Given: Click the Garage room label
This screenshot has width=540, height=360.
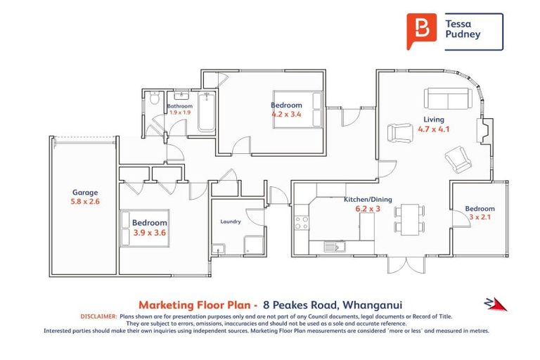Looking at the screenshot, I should (84, 192).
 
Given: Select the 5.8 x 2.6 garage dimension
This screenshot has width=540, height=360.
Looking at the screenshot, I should (84, 202).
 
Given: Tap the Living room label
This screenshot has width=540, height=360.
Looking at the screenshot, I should (433, 119).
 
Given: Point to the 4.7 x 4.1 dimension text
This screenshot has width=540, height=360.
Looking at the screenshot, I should (433, 129).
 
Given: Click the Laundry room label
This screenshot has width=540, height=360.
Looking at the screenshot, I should (231, 221).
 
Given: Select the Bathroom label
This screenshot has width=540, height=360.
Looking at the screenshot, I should (179, 106).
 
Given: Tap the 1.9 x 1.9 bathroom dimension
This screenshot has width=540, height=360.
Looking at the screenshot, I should (180, 112).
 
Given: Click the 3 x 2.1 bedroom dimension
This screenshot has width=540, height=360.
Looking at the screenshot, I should (480, 218).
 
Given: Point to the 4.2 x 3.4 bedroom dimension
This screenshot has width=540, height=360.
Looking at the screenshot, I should (286, 115).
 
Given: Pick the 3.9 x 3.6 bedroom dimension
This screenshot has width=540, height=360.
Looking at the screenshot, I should (149, 233).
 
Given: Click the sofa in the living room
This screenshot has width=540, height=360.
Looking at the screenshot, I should (446, 98).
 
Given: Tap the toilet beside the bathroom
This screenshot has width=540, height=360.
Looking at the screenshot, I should (154, 101).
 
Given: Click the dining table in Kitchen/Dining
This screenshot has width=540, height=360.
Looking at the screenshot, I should (410, 217).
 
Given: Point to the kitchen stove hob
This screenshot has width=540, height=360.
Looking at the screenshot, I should (302, 223).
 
